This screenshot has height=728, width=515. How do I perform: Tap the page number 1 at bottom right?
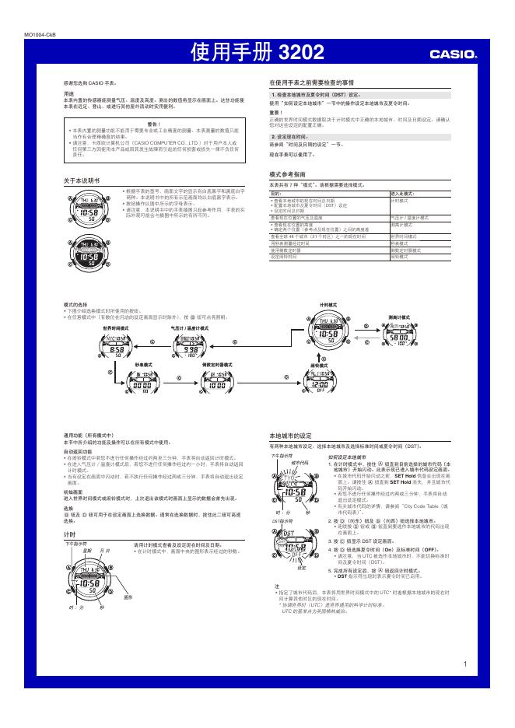(x=464, y=663)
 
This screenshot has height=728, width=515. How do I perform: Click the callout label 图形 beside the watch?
(x=128, y=597)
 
